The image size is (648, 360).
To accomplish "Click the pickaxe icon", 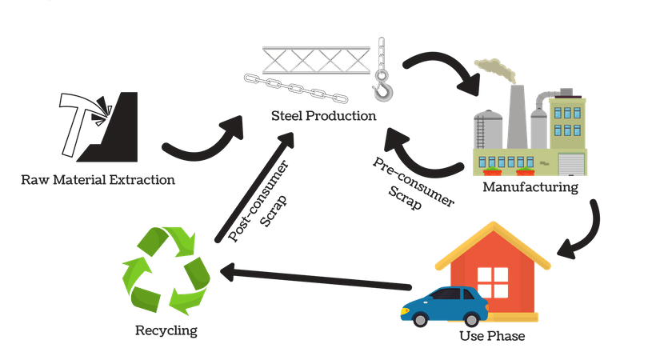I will coord(80,120).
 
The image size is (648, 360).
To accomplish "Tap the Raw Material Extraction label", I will coord(98,179).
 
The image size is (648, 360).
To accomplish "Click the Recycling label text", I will coord(166,330).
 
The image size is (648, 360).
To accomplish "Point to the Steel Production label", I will coord(323,117).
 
